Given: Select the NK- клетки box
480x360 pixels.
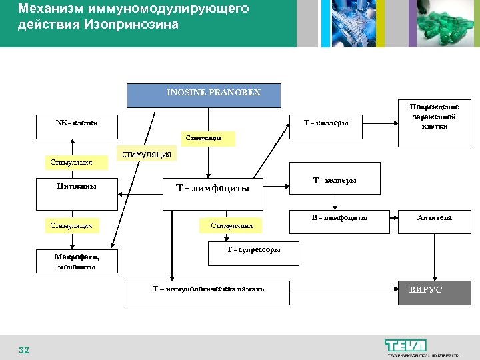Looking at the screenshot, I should click(77, 124).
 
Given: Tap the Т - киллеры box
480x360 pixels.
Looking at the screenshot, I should click(326, 124).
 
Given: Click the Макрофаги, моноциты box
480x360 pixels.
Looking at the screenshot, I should click(77, 262).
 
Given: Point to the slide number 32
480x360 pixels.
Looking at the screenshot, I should click(24, 350).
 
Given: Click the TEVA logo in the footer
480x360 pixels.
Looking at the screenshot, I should click(405, 345).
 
